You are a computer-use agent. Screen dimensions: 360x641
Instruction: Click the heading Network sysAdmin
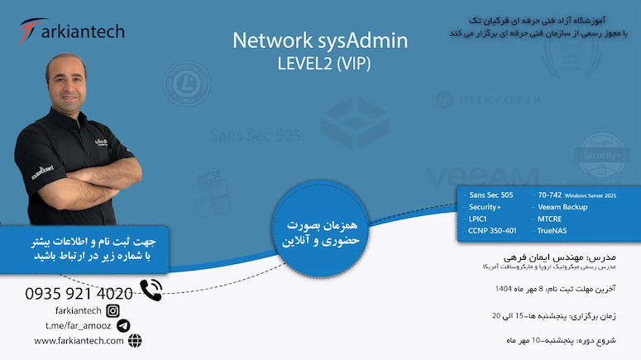[x=320, y=41]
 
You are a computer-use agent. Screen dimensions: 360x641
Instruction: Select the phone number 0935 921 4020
[x=79, y=293]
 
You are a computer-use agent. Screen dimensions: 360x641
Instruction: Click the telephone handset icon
[x=151, y=290]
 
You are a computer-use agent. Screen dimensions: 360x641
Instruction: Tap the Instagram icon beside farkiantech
[x=113, y=310]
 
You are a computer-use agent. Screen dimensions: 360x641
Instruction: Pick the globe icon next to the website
[x=135, y=340]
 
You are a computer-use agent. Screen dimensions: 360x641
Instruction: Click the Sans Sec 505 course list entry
[x=490, y=195]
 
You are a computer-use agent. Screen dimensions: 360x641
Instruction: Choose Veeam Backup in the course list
[x=562, y=207]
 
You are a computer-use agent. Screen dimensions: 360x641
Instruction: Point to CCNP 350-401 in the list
[x=492, y=230]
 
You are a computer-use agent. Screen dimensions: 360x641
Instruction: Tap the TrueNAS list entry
[x=552, y=230]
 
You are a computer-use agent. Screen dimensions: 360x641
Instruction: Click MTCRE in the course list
[x=550, y=218]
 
